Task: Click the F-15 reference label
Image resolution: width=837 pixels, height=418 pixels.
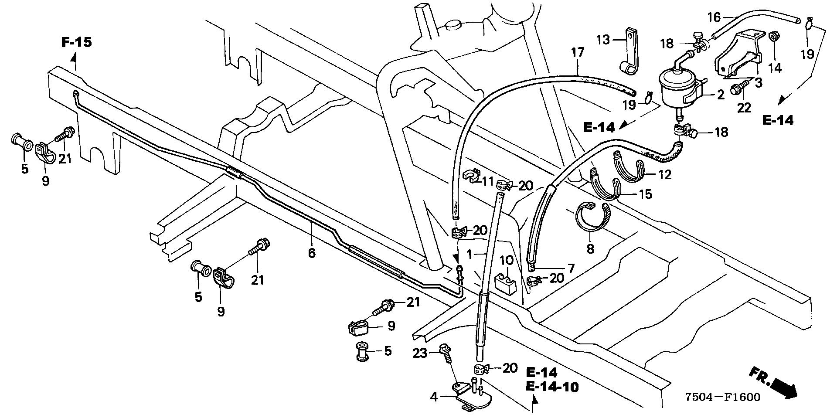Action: point(76,42)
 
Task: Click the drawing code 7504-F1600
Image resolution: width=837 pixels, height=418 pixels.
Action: point(722,397)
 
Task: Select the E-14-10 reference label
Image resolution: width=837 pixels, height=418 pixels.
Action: point(552,387)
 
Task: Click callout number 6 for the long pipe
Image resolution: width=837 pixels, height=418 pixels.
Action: point(312,252)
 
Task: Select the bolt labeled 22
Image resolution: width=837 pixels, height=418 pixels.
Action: point(739,90)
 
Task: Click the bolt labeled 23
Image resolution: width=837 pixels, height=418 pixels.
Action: point(445,357)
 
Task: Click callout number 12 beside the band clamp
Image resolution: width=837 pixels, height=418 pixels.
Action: point(665,174)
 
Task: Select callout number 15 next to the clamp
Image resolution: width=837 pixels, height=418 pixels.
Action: point(646,194)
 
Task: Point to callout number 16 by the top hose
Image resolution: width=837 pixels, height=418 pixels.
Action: point(714,17)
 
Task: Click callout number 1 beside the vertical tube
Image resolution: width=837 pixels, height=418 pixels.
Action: point(469,253)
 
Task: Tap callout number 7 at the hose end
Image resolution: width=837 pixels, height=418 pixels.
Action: point(570,268)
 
